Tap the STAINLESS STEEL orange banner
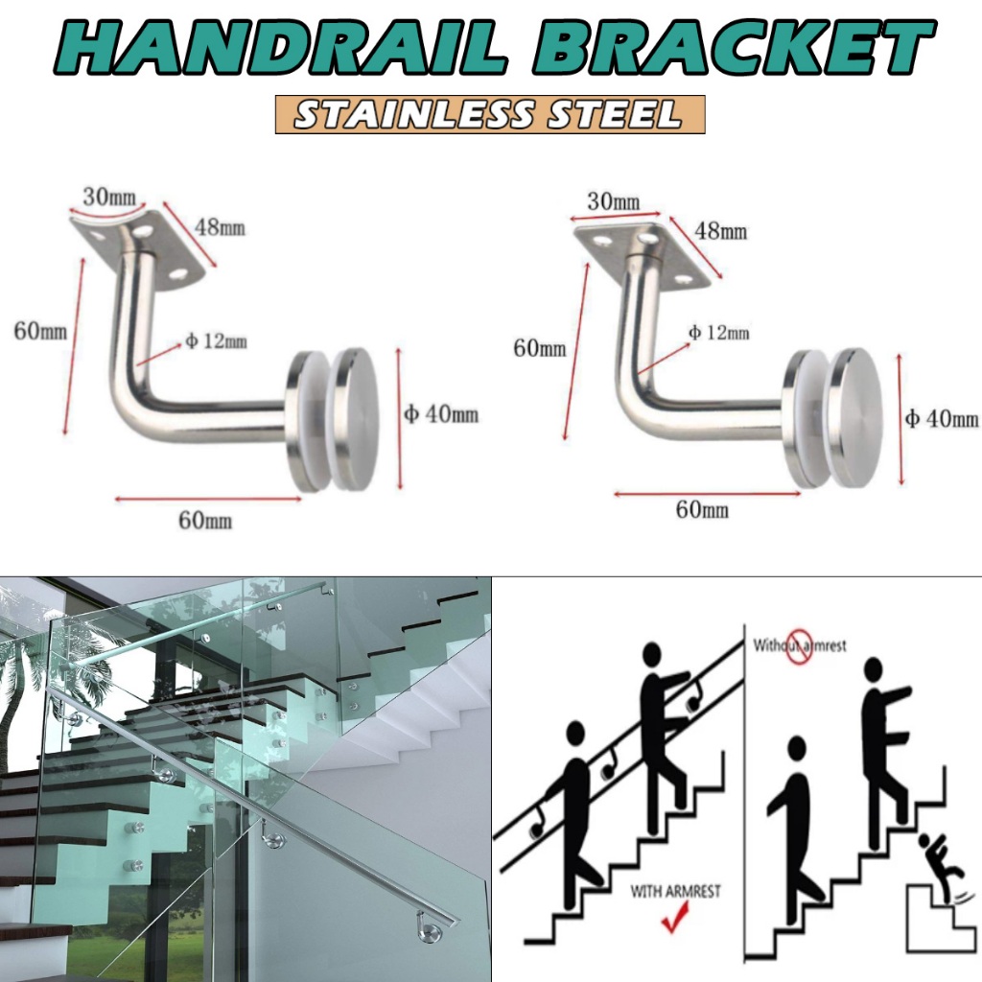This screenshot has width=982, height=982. tap(490, 114)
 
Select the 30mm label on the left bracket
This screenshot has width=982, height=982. tap(108, 199)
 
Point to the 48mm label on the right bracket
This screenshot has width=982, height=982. tap(721, 231)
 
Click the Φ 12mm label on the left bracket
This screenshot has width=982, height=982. tap(216, 341)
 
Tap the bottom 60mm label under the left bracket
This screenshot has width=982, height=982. tap(205, 521)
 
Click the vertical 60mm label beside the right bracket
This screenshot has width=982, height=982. tap(540, 349)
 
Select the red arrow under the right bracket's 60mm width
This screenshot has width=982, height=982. tap(707, 493)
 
